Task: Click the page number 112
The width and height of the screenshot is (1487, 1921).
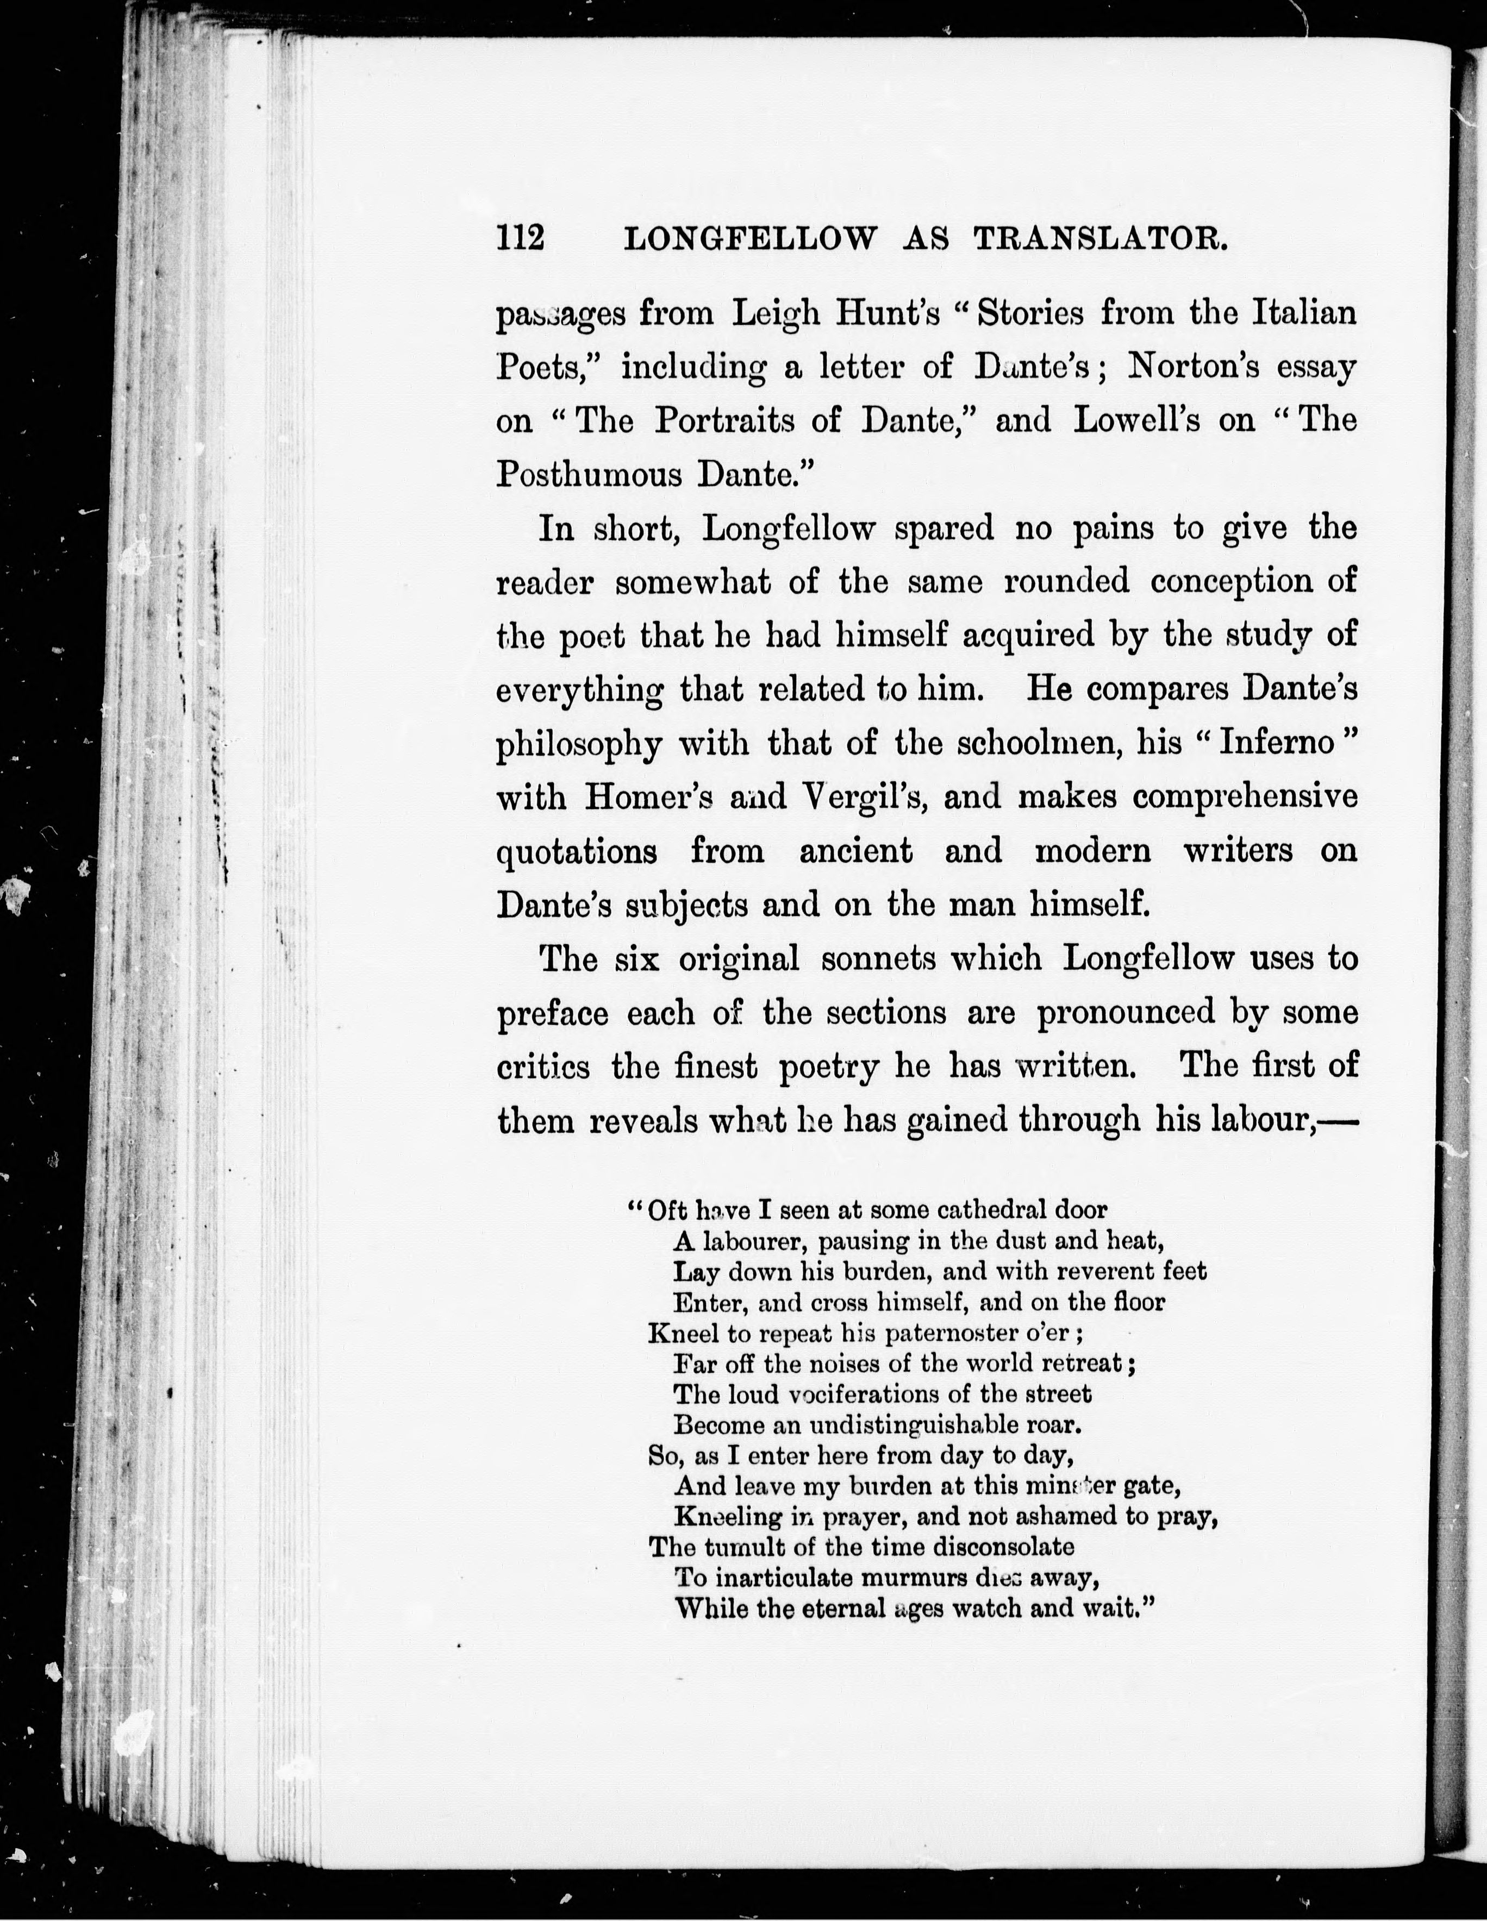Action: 521,238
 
